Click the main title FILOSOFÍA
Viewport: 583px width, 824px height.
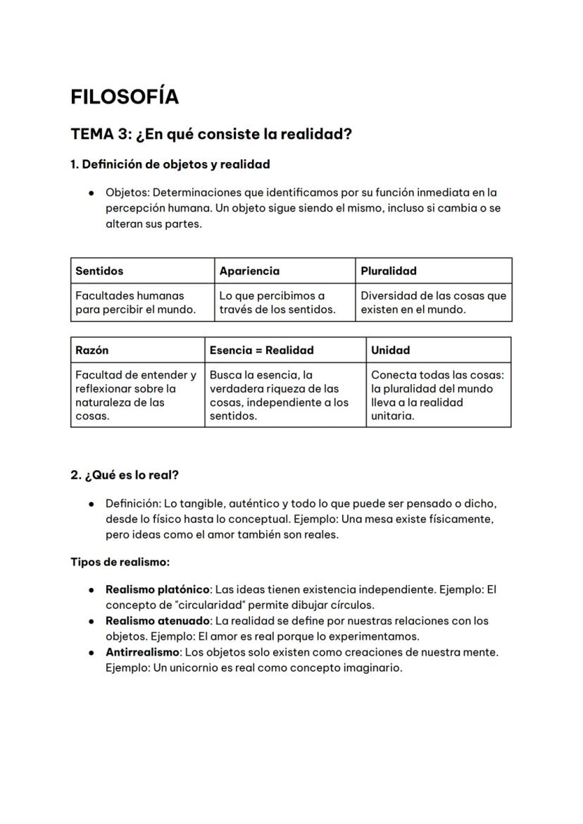(x=125, y=97)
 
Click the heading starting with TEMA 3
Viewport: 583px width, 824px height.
(x=211, y=134)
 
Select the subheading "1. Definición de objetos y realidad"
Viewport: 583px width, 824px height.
(x=170, y=164)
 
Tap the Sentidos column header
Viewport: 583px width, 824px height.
(x=99, y=271)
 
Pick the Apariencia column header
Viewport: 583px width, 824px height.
(x=249, y=271)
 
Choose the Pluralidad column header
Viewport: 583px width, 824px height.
(x=389, y=271)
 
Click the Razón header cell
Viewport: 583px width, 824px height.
(x=92, y=350)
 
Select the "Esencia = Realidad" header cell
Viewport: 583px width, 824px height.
(x=262, y=350)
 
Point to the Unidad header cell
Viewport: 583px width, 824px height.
(x=390, y=350)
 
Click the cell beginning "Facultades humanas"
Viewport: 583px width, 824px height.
(x=135, y=302)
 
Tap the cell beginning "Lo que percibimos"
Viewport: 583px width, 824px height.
(x=277, y=302)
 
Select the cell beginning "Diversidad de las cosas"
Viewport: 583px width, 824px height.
(x=433, y=302)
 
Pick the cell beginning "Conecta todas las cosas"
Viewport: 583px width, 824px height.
(x=437, y=395)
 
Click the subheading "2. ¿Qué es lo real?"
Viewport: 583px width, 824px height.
(x=125, y=475)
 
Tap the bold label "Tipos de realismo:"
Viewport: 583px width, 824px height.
(x=120, y=562)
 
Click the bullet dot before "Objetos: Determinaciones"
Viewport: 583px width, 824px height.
(x=92, y=192)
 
